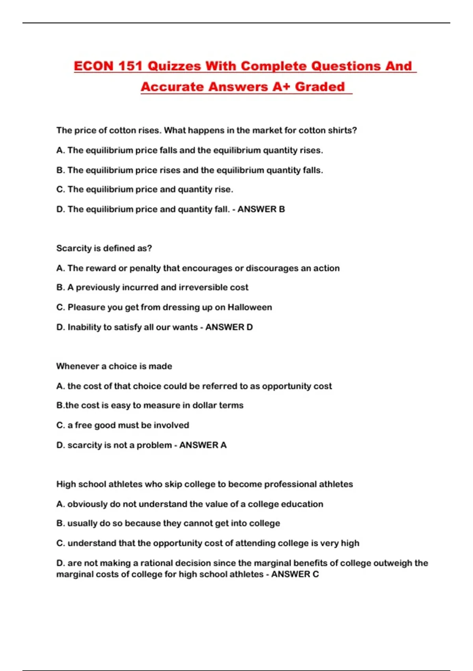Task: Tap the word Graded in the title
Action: pos(320,86)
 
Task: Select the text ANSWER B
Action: pos(261,209)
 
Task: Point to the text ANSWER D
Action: pos(229,327)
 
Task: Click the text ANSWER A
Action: pos(203,445)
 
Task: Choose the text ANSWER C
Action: pos(295,574)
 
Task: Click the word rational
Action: pos(156,563)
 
